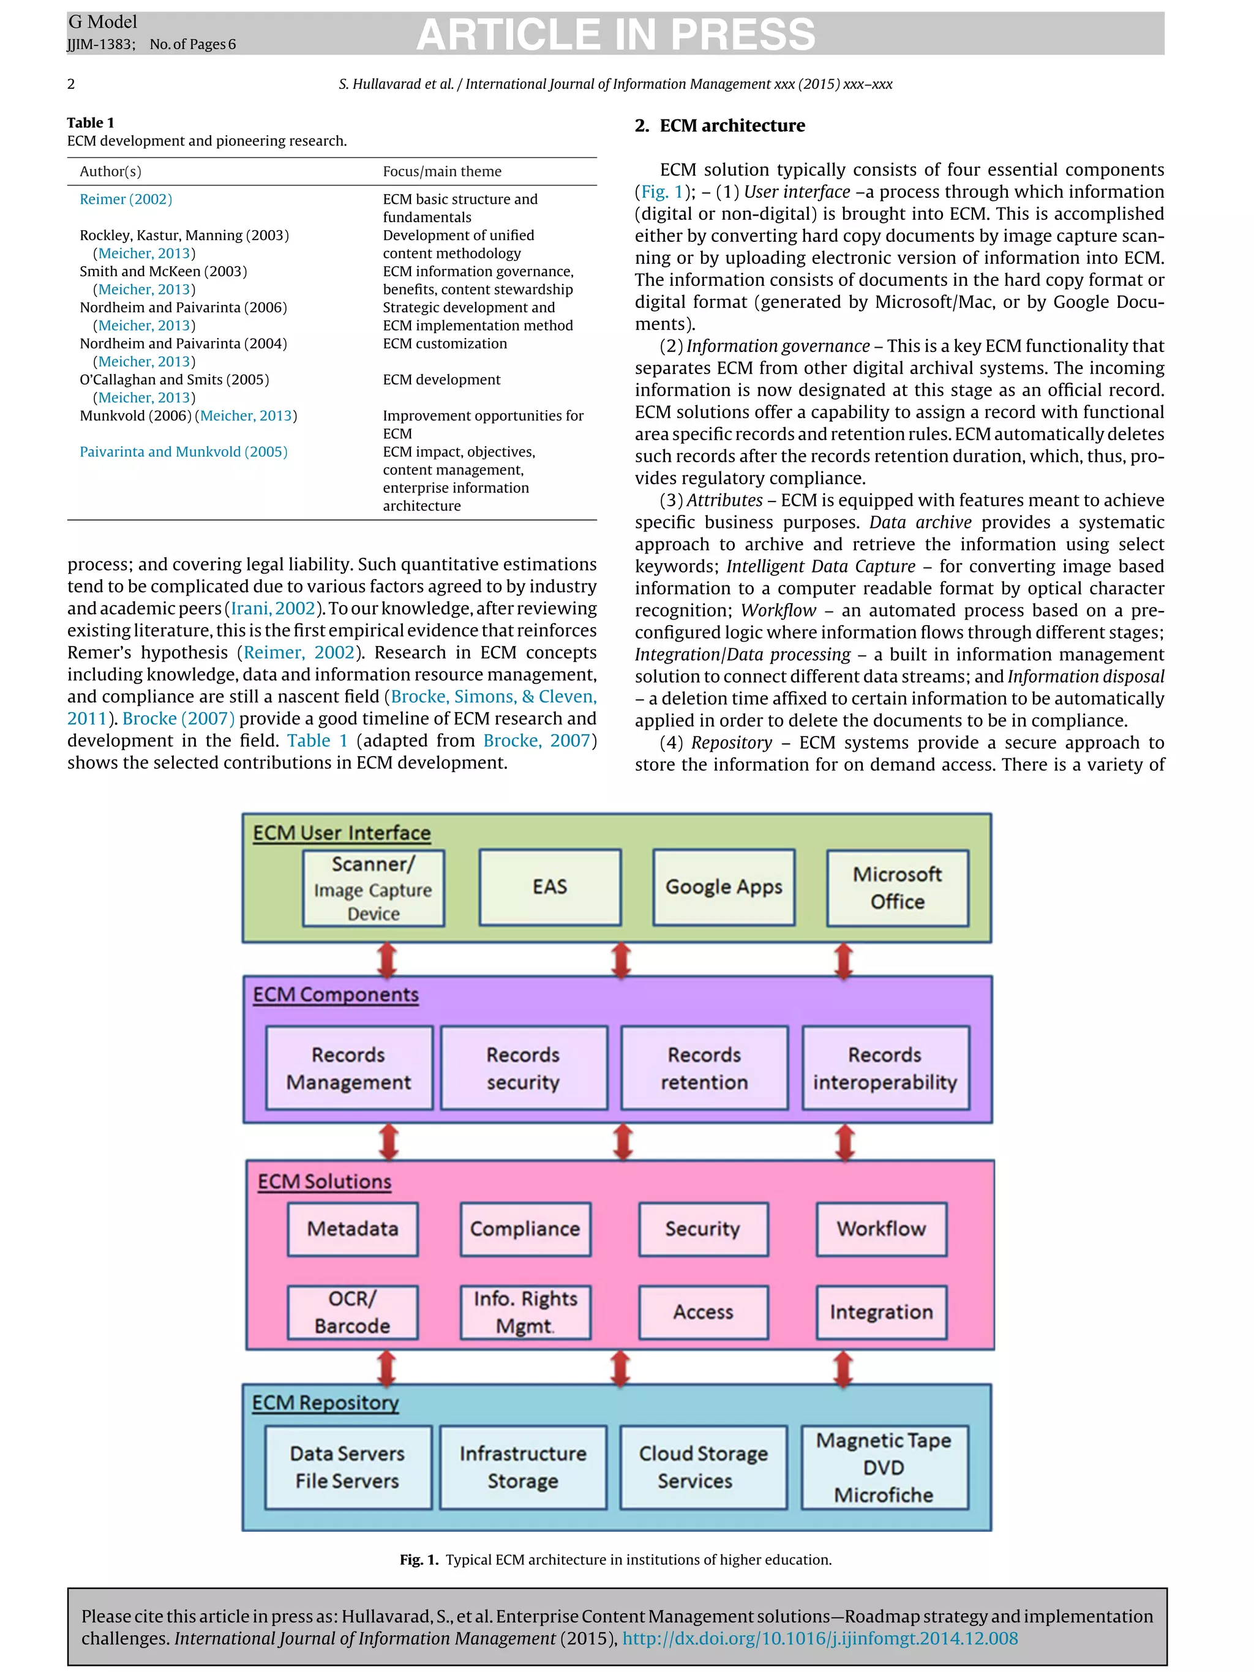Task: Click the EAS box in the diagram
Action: coord(549,887)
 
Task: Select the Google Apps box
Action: coord(723,887)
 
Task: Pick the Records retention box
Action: coord(704,1068)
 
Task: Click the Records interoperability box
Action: coord(885,1068)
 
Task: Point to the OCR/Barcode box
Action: coord(352,1312)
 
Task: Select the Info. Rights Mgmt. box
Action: coord(525,1312)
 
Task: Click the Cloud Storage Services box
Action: coord(703,1467)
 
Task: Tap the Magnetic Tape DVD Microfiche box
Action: coord(884,1467)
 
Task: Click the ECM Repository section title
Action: coord(325,1403)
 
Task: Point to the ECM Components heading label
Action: coord(336,995)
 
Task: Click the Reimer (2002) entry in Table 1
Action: coord(126,200)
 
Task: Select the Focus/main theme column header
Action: coord(442,171)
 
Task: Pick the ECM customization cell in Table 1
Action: coord(445,344)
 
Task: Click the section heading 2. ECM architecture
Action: coord(719,126)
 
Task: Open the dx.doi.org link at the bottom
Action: coord(819,1638)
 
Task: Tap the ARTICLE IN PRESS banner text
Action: coord(615,34)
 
